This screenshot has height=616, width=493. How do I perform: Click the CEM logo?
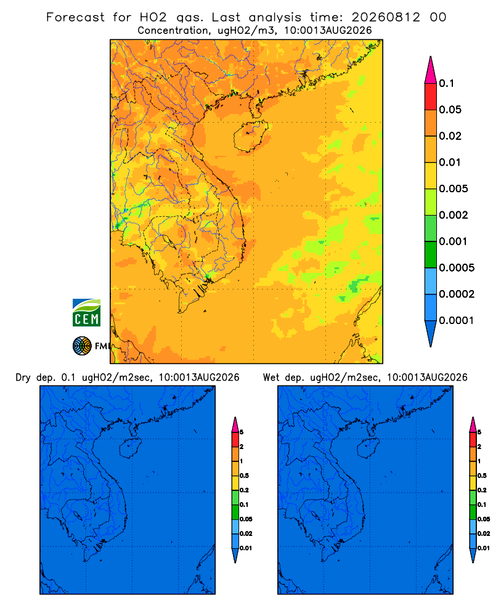[x=86, y=313]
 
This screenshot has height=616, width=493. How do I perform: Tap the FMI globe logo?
[x=82, y=346]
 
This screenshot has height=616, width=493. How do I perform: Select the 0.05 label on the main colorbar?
[x=450, y=110]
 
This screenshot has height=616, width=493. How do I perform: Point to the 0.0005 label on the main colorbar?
[x=457, y=268]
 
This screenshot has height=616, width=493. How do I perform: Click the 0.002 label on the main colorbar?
[x=454, y=215]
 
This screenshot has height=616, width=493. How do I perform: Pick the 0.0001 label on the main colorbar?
[x=457, y=320]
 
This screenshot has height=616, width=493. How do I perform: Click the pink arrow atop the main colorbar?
[x=431, y=70]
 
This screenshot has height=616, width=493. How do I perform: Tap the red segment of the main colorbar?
[x=431, y=97]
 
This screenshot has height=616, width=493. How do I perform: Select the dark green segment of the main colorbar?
[x=431, y=254]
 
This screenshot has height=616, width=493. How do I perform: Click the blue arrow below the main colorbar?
[x=431, y=333]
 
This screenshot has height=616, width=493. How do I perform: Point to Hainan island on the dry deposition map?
[x=129, y=448]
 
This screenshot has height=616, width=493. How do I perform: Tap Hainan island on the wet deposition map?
[x=368, y=448]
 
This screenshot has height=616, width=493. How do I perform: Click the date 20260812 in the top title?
[x=386, y=17]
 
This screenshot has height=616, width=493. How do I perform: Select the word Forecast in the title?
[x=75, y=17]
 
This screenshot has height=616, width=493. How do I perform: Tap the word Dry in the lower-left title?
[x=23, y=378]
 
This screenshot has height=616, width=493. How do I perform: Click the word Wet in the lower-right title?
[x=271, y=378]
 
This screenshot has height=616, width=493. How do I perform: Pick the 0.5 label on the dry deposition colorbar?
[x=244, y=476]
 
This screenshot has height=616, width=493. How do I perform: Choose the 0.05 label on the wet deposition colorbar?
[x=484, y=519]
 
